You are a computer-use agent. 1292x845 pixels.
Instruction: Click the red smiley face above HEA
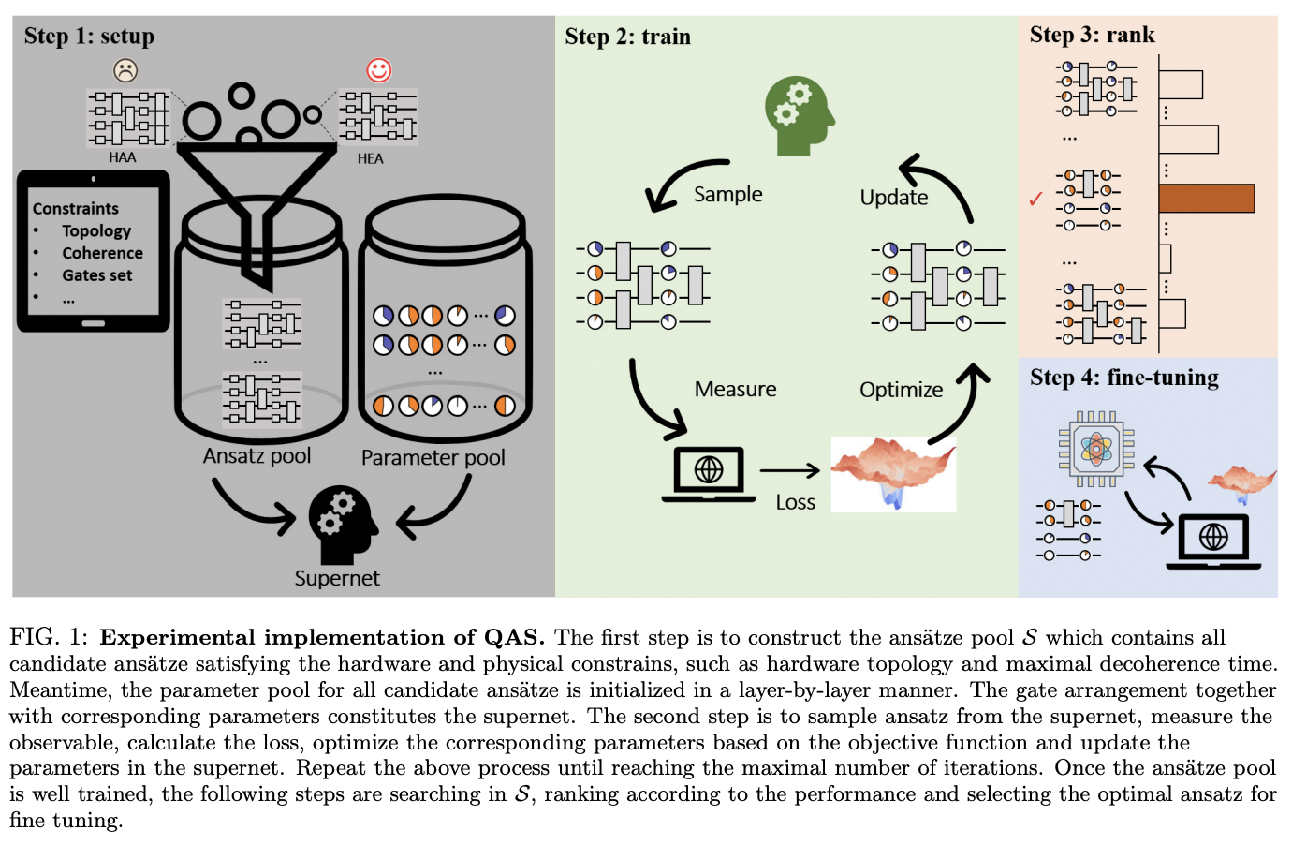(x=378, y=70)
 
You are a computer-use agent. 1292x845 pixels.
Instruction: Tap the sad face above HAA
(x=125, y=70)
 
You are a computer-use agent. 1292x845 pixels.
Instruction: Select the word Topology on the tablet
(x=96, y=230)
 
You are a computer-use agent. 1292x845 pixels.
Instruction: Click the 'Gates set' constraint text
(x=97, y=275)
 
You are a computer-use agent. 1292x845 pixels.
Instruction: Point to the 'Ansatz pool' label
(x=257, y=456)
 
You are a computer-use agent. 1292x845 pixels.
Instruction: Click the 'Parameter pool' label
(x=433, y=458)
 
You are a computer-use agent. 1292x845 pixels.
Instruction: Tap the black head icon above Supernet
(x=342, y=523)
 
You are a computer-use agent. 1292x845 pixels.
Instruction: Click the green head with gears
(x=798, y=115)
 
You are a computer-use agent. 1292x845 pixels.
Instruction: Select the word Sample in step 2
(x=727, y=194)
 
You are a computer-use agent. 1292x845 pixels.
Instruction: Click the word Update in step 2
(x=893, y=198)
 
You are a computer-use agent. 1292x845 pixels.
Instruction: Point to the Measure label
(x=735, y=389)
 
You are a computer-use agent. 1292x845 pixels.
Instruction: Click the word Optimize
(x=901, y=390)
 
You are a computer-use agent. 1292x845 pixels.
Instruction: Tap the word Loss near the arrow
(x=795, y=503)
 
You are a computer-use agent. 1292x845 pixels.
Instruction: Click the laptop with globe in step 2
(x=709, y=473)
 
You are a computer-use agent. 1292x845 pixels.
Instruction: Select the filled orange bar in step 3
(x=1206, y=199)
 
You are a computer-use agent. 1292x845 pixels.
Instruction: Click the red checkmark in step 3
(x=1035, y=199)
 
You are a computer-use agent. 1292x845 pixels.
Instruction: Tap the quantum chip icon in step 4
(x=1095, y=449)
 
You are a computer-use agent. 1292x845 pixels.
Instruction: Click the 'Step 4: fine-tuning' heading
(x=1123, y=378)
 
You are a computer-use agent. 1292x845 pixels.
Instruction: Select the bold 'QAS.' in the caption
(x=514, y=637)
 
